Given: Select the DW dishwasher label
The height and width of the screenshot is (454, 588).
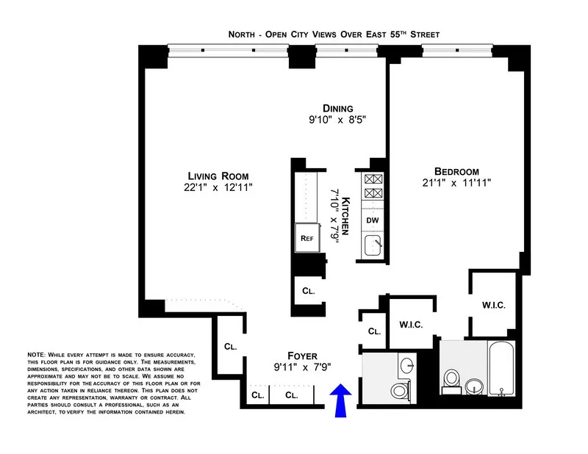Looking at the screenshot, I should coord(372,220).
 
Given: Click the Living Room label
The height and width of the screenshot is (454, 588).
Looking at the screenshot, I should coord(218,176).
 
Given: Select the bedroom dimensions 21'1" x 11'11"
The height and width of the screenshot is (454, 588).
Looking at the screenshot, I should coord(456,183).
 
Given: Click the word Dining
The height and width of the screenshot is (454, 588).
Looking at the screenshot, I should coord(337,109).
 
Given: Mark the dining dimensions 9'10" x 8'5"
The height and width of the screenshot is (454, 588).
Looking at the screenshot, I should coord(337,121).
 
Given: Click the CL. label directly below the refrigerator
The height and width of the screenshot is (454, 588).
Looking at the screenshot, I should coord(309,290).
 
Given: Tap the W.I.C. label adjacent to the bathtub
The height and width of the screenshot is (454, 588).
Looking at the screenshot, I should coord(493,304).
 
